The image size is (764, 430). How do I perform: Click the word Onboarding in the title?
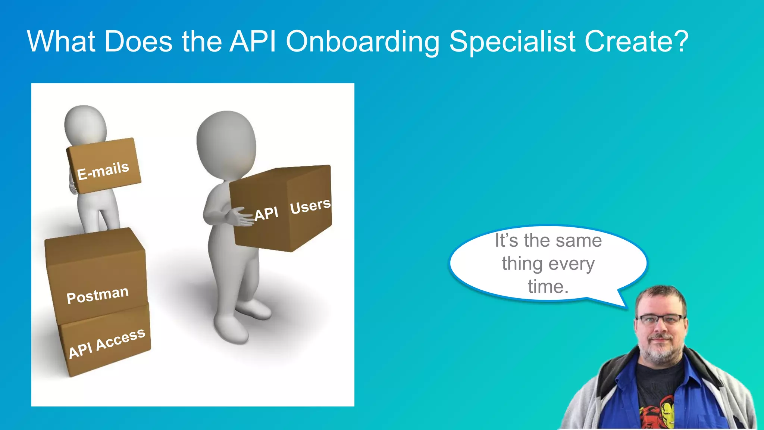pyautogui.click(x=363, y=42)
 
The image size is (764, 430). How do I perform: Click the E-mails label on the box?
pyautogui.click(x=103, y=170)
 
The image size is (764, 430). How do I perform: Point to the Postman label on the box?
pyautogui.click(x=97, y=295)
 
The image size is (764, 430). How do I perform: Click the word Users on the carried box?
pyautogui.click(x=310, y=206)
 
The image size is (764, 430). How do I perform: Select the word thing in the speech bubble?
pyautogui.click(x=522, y=264)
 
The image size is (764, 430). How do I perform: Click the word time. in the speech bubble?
pyautogui.click(x=548, y=287)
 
